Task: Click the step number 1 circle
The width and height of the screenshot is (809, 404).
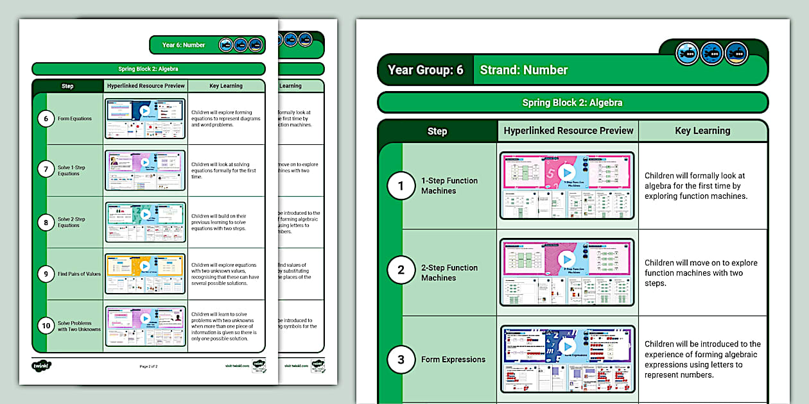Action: click(x=401, y=186)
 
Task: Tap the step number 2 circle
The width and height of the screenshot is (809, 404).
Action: click(x=401, y=270)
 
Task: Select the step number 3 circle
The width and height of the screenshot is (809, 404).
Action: click(x=401, y=360)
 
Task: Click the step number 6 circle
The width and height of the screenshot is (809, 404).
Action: click(x=45, y=119)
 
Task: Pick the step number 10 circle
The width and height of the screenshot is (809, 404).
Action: click(x=45, y=326)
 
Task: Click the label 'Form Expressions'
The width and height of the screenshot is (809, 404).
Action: click(x=453, y=360)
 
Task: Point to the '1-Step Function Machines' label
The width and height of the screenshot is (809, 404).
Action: click(x=449, y=186)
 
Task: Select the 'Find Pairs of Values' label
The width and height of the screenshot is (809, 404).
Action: click(x=79, y=274)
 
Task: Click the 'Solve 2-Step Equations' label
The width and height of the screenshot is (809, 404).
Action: click(x=71, y=222)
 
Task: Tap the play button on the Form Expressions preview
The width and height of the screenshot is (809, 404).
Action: click(x=566, y=346)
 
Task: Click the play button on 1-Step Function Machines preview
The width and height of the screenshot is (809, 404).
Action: click(x=566, y=173)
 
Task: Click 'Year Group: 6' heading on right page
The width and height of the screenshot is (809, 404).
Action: click(x=425, y=70)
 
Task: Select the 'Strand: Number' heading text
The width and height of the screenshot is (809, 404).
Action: click(x=524, y=70)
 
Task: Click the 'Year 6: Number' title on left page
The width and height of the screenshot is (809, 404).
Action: click(x=184, y=45)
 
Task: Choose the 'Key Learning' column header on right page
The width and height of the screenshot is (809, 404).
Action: click(x=702, y=131)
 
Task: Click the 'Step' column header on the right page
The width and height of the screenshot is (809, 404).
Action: click(x=437, y=131)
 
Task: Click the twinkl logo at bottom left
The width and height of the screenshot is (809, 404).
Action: click(x=41, y=366)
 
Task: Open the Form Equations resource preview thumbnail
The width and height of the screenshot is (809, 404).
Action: click(x=145, y=119)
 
